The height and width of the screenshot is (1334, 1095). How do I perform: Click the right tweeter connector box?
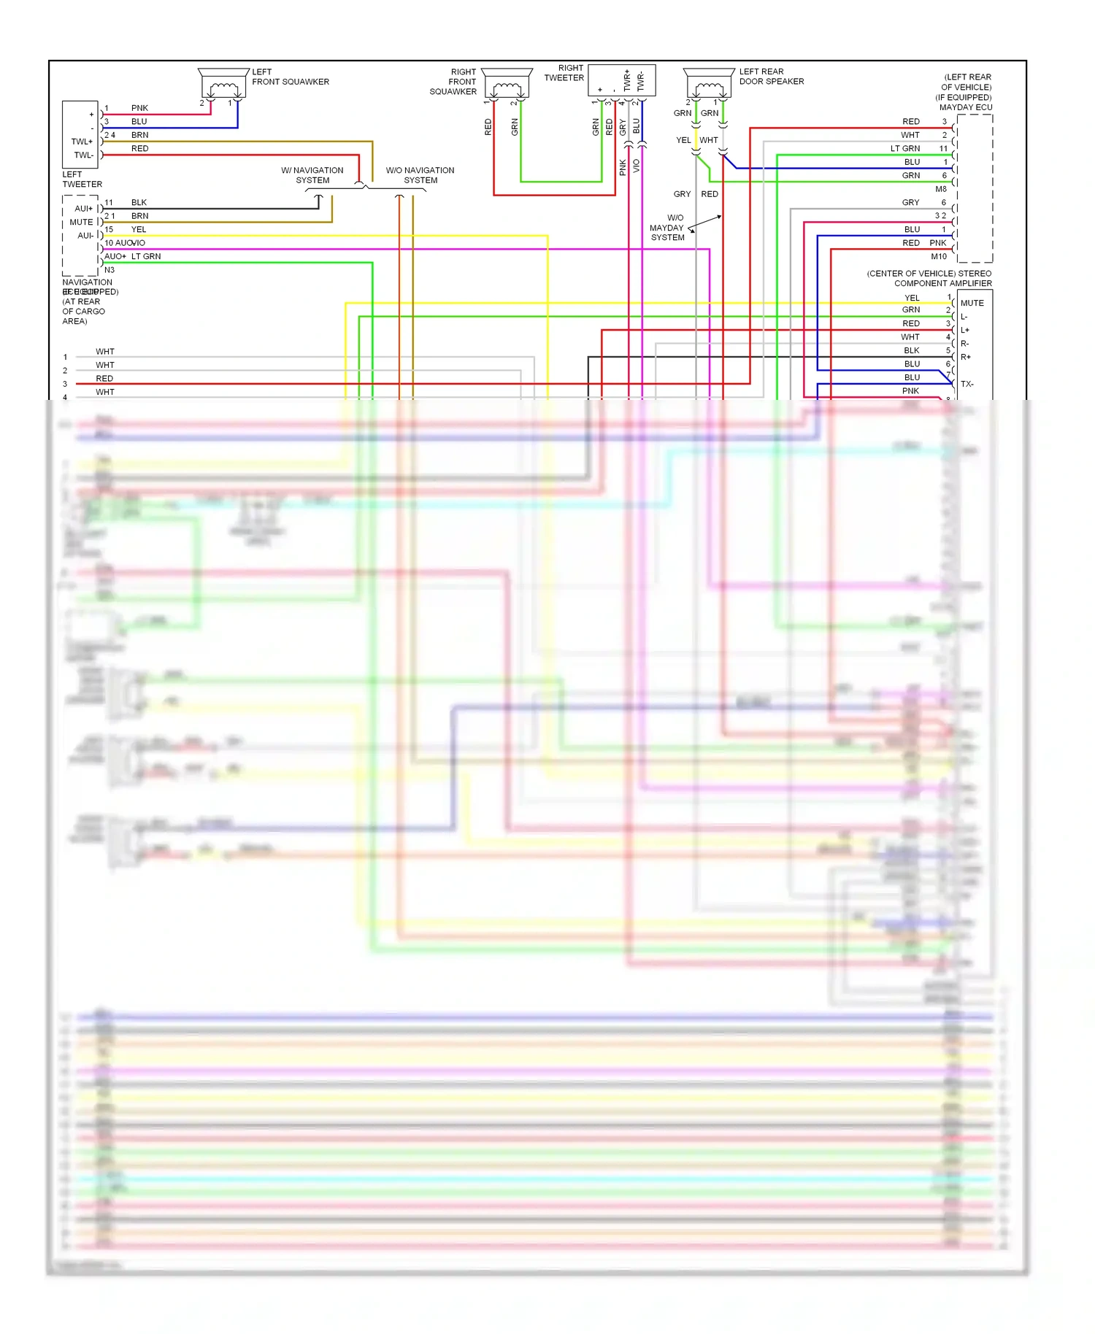point(621,80)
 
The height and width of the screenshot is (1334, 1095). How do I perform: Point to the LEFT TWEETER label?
point(82,180)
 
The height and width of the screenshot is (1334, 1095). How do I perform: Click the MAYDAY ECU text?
point(965,107)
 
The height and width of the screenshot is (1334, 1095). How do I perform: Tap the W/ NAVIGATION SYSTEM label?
point(312,175)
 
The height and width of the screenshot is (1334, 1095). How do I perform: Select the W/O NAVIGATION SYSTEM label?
point(420,175)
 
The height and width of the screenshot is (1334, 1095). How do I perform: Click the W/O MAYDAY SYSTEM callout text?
point(667,228)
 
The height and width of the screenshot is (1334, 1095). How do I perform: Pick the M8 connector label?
point(940,189)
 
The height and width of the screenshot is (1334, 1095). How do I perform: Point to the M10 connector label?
point(938,256)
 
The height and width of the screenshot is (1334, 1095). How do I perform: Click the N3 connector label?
point(109,270)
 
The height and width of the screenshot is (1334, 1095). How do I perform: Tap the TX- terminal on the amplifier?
point(967,384)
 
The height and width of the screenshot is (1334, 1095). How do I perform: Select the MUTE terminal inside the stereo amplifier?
point(972,303)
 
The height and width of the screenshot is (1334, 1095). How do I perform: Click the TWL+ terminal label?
point(82,142)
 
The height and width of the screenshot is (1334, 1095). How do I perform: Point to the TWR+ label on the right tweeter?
point(626,80)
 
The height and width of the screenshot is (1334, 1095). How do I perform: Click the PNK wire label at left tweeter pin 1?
point(139,108)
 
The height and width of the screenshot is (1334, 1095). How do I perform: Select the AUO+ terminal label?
point(115,256)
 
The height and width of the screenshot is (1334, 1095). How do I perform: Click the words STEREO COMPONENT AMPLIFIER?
point(942,279)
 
